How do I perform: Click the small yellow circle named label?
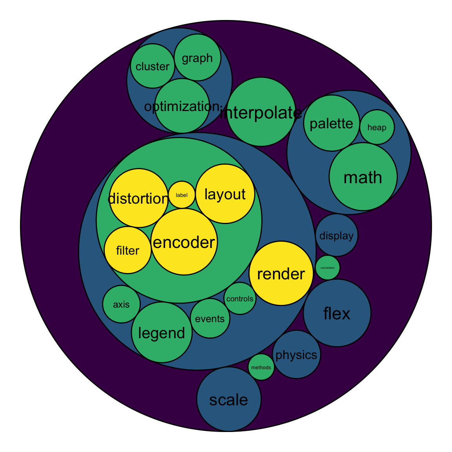pos(182,195)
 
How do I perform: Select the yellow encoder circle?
pos(184,242)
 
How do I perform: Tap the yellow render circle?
pos(281,273)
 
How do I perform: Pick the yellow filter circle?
pos(128,250)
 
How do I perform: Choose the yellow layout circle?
pos(225,194)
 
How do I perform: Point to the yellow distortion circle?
pos(139,198)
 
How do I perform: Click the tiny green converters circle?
pos(328,268)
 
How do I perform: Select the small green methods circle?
pos(261,367)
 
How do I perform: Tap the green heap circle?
pos(377,127)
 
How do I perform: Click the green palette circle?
pos(332,123)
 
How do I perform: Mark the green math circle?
pos(363,177)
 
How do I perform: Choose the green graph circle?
pos(197,58)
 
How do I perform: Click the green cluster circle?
pos(153,66)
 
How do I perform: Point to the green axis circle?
pos(121,304)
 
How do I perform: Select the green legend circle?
pos(162,333)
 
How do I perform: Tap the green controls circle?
pos(240,299)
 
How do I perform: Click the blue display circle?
pos(337,235)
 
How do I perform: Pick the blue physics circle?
pos(297,355)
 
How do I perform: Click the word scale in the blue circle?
pos(229,400)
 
